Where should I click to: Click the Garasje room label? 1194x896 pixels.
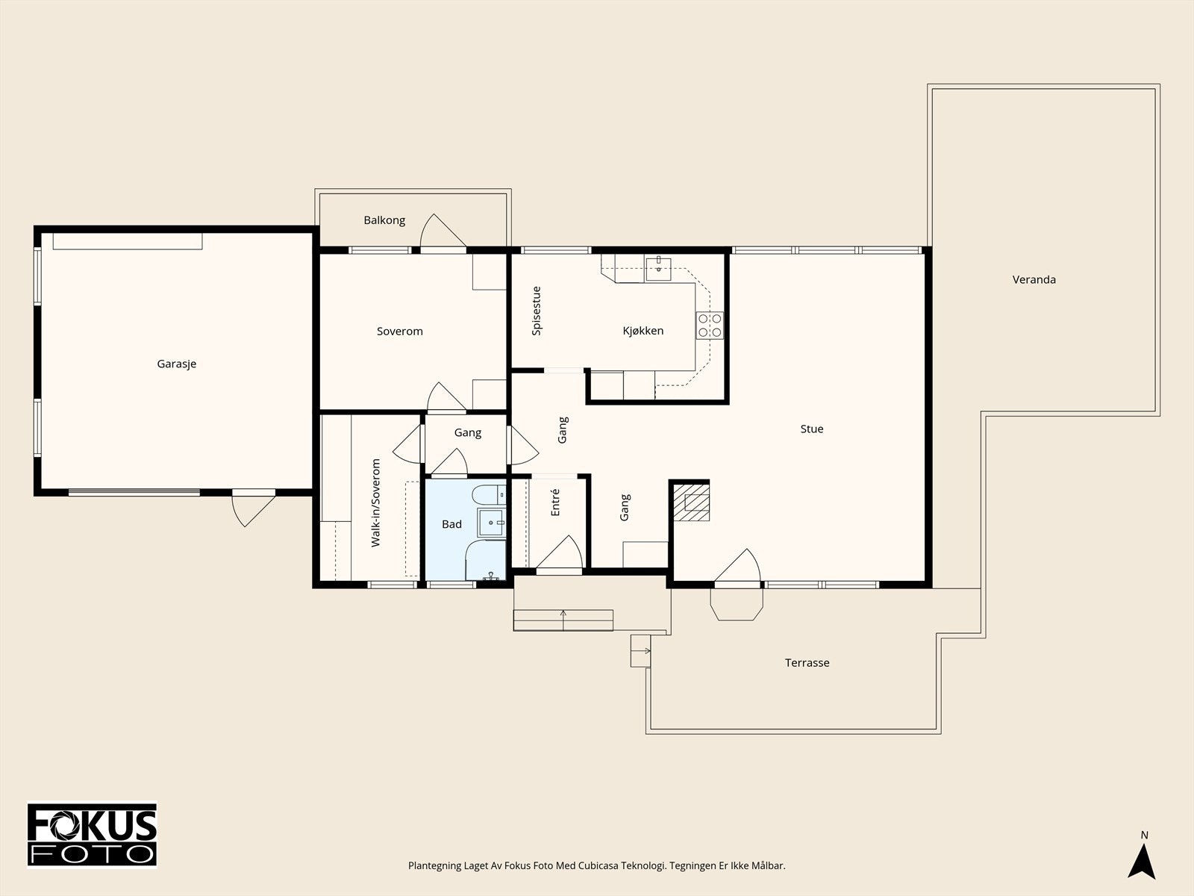coord(176,364)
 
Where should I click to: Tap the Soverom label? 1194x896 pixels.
coord(399,332)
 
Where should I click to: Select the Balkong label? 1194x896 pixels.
coord(384,220)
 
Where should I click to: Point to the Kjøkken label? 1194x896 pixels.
coord(643,331)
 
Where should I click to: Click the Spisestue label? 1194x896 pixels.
coord(537,311)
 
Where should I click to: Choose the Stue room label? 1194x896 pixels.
coord(812,429)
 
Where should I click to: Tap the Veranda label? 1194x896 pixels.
coord(1034,279)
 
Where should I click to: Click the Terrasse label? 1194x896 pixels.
coord(807,662)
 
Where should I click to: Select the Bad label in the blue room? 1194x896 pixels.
coord(451,524)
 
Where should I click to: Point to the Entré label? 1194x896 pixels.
coord(555,502)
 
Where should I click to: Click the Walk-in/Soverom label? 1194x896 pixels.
coord(375,503)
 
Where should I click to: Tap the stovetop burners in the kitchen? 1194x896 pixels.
coord(710,326)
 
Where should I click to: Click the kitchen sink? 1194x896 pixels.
coord(658,269)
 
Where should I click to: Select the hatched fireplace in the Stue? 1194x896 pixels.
coord(691,502)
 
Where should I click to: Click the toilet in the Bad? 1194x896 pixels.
coord(489,495)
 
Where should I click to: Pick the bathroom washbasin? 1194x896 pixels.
coord(491,523)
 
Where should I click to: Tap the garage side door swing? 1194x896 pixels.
coord(254,509)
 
